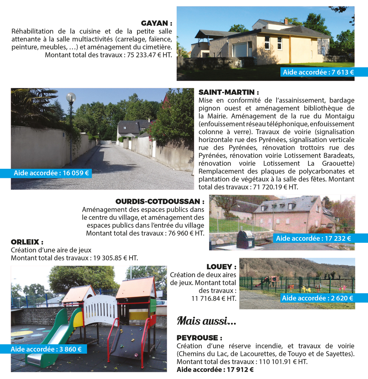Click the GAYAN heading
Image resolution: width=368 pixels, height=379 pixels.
[x=156, y=23]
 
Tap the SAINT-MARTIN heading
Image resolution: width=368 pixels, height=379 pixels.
[x=228, y=92]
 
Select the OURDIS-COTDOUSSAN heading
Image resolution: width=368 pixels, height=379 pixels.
[x=160, y=201]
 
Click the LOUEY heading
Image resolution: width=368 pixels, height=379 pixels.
[x=221, y=267]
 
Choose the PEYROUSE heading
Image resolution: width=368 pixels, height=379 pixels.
[x=199, y=338]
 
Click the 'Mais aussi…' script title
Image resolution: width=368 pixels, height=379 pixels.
[x=207, y=321]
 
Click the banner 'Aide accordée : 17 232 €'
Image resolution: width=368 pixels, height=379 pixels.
[x=313, y=238]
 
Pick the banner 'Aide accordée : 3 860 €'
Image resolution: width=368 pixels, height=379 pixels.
[x=46, y=349]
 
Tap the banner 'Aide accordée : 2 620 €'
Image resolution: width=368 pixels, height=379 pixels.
[x=317, y=298]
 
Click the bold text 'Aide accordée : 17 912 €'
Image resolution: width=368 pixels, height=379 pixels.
[x=215, y=370]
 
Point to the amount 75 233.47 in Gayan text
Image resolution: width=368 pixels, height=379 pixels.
[x=142, y=55]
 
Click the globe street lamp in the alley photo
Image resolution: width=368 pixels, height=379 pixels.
[x=71, y=97]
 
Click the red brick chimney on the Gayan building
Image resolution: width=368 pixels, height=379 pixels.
[x=286, y=22]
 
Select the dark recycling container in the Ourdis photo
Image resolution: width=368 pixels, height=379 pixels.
[x=244, y=239]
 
